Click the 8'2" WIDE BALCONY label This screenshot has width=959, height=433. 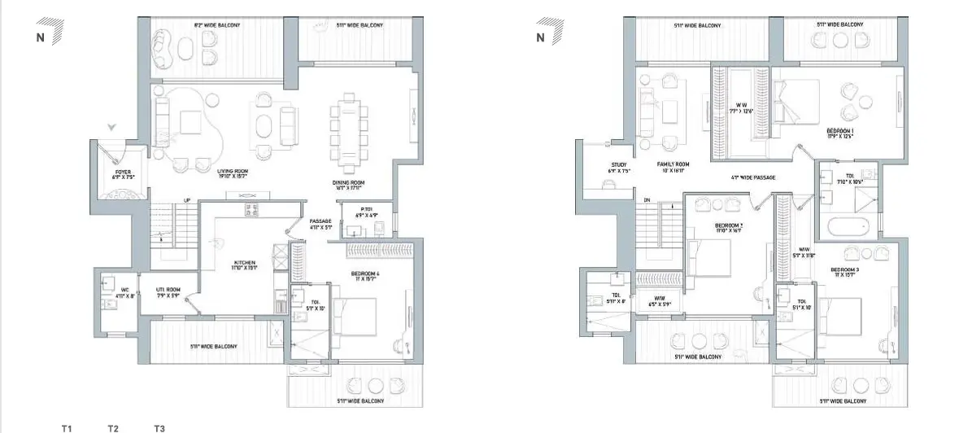click(217, 26)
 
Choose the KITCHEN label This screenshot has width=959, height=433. click(245, 265)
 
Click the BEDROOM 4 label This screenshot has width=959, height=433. click(365, 277)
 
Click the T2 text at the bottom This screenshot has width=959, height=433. click(113, 428)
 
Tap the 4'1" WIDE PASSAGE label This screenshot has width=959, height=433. click(753, 176)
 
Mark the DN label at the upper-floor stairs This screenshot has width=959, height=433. click(647, 199)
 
